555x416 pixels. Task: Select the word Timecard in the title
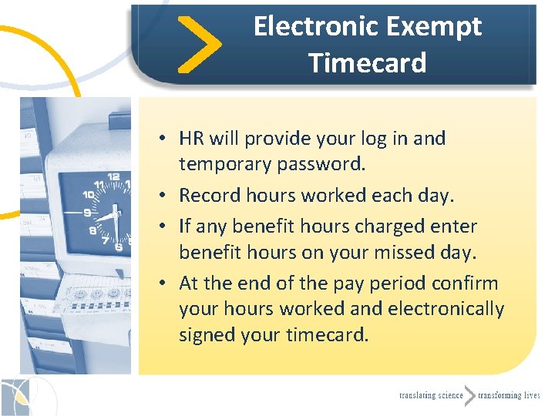pos(368,62)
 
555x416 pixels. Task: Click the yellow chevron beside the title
pos(199,45)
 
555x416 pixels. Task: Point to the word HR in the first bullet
pos(191,139)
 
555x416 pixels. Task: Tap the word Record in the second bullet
pos(204,196)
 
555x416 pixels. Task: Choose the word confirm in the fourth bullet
pos(469,283)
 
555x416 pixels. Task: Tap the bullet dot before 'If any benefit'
pos(165,227)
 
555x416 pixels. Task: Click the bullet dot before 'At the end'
pos(165,284)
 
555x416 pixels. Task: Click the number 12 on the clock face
pos(113,177)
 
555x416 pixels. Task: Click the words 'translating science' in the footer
pos(431,396)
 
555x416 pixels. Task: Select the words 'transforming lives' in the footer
pos(509,396)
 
